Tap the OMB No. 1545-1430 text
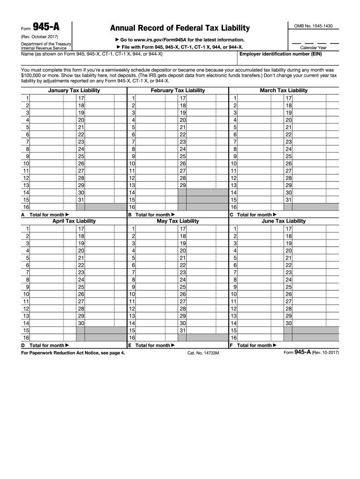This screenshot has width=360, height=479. coord(313,26)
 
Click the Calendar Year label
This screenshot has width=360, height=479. coord(313,48)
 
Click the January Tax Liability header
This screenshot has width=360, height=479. coord(74,90)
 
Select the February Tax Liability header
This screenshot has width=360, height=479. coord(178,90)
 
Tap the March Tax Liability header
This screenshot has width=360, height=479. coord(283,90)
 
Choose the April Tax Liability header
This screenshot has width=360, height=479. coord(74,221)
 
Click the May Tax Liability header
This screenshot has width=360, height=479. coord(178,221)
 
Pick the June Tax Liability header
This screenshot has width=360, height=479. coord(283,221)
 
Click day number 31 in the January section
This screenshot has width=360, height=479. coord(81,199)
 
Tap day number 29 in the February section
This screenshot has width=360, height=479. coord(183,185)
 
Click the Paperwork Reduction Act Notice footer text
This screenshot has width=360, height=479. coord(73,353)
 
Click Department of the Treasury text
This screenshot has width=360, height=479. coord(46,44)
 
